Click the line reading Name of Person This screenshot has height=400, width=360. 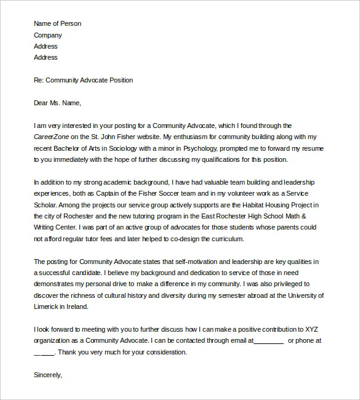click(57, 23)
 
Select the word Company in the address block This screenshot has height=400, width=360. click(48, 35)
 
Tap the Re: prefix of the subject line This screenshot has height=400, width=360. click(39, 80)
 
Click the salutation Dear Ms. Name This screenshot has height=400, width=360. click(57, 103)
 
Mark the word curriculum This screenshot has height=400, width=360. click(225, 239)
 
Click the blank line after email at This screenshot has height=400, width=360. click(268, 340)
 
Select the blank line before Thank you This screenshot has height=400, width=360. click(44, 352)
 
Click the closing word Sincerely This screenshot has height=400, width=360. click(48, 374)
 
